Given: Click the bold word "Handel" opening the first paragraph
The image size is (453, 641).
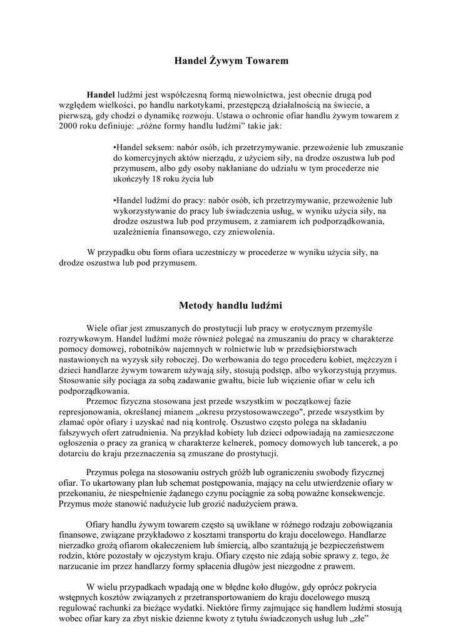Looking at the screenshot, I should click(101, 93).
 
